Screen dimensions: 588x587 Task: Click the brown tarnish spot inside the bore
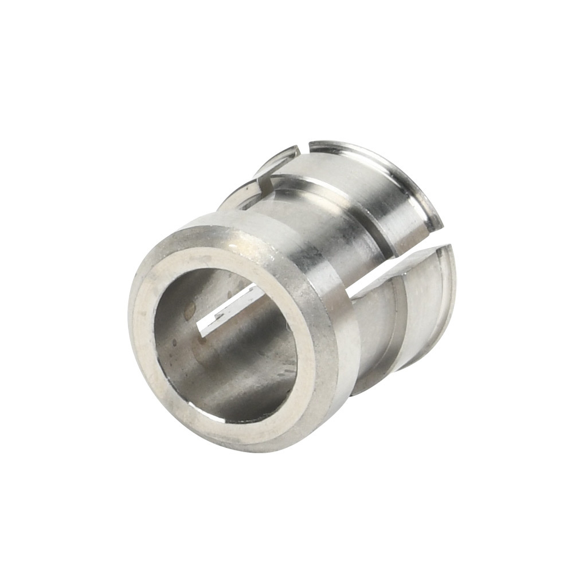tap(189, 310)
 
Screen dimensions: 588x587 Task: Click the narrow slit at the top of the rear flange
tap(304, 150)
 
